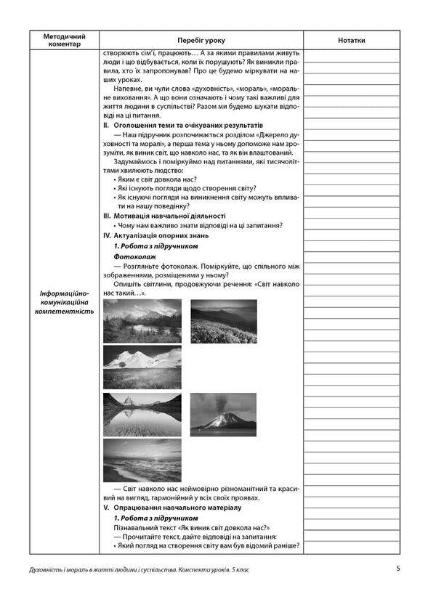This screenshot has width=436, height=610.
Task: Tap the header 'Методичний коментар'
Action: (x=64, y=40)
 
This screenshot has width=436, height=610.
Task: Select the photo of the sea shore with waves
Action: (x=142, y=460)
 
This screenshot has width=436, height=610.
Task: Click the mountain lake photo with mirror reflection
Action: (x=142, y=412)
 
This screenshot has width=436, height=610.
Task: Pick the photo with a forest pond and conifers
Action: (x=142, y=320)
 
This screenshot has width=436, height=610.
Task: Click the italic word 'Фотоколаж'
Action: (x=134, y=256)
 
